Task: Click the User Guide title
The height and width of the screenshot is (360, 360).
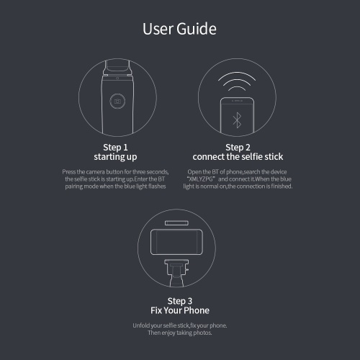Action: [x=179, y=29]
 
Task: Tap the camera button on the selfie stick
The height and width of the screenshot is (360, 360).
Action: [x=117, y=102]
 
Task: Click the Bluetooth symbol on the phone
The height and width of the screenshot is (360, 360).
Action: [x=237, y=120]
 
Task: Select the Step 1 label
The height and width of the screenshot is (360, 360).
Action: [x=115, y=147]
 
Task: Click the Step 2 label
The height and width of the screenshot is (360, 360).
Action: [x=238, y=147]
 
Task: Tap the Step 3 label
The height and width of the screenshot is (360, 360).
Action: [x=180, y=301]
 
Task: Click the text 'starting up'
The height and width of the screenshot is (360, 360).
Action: [x=115, y=157]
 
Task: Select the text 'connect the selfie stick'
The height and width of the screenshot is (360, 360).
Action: [x=238, y=157]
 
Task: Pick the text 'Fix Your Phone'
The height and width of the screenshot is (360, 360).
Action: [x=180, y=310]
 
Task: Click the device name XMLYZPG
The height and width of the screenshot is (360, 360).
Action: [x=201, y=179]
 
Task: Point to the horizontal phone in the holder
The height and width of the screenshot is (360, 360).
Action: [x=176, y=242]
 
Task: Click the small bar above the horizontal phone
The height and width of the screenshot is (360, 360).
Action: [x=176, y=223]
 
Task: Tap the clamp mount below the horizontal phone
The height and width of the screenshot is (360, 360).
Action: [x=176, y=273]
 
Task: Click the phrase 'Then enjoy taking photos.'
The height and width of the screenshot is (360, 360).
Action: [x=180, y=333]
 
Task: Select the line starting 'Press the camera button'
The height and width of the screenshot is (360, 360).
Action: [x=115, y=172]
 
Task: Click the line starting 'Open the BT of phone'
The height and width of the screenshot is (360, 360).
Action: [x=237, y=172]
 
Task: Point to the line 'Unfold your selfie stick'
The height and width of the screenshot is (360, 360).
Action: [x=180, y=325]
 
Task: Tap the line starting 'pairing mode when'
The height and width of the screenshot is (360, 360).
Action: [x=115, y=186]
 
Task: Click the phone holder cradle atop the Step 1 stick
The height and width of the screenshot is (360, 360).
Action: [x=117, y=68]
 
